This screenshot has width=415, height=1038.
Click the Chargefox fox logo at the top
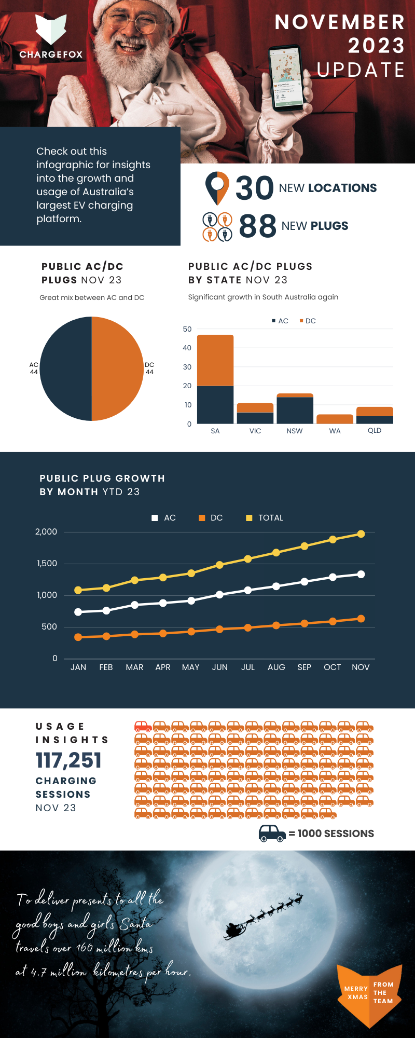(x=51, y=30)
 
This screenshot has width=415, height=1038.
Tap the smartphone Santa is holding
(x=287, y=77)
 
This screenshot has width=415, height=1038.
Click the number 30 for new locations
(x=254, y=188)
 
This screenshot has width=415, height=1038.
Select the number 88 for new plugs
(x=257, y=226)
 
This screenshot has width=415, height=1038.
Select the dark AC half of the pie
(x=66, y=368)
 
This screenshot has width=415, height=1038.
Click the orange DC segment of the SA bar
(x=215, y=360)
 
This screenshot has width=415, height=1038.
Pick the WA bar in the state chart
(x=335, y=419)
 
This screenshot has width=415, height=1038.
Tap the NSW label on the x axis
(x=295, y=431)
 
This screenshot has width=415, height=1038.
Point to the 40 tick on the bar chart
(x=187, y=348)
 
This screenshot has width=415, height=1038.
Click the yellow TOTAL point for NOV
(x=361, y=534)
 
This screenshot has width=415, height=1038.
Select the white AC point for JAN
(x=78, y=612)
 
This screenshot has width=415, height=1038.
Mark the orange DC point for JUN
(x=219, y=629)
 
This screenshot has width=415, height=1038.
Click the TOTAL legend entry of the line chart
(x=265, y=518)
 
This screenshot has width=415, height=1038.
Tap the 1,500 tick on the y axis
(x=47, y=564)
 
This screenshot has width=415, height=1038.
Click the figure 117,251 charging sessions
(x=68, y=760)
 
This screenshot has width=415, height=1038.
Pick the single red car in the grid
(x=143, y=726)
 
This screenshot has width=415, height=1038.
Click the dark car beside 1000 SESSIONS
(x=272, y=833)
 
